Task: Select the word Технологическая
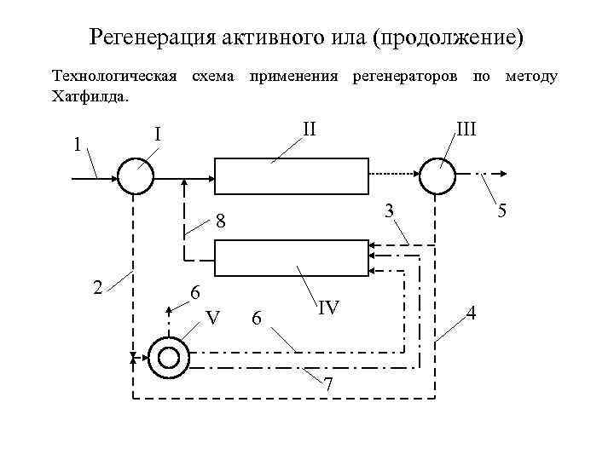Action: [115, 77]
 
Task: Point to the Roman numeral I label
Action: [158, 135]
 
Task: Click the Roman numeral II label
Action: [310, 129]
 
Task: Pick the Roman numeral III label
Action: [466, 129]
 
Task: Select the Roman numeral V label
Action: [214, 318]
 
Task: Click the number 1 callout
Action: [77, 144]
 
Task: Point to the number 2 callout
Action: [99, 286]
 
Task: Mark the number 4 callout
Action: [473, 313]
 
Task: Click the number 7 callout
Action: [328, 384]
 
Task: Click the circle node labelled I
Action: [135, 176]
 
